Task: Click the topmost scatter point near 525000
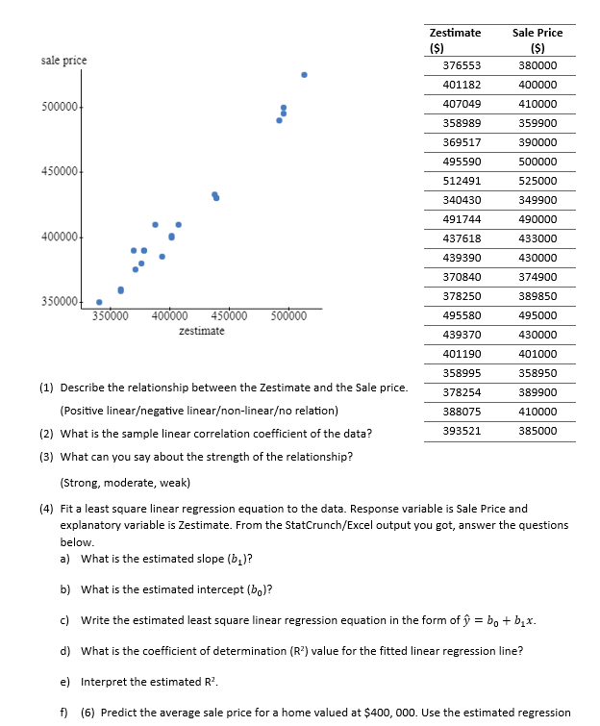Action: coord(304,74)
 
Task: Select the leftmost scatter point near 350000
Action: coord(99,302)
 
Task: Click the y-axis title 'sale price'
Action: coord(63,61)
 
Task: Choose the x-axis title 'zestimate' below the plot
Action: coord(202,331)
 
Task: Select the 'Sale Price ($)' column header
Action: coord(537,39)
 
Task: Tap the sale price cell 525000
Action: coord(537,181)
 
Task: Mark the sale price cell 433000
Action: coord(537,238)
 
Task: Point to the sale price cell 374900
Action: coord(537,277)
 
